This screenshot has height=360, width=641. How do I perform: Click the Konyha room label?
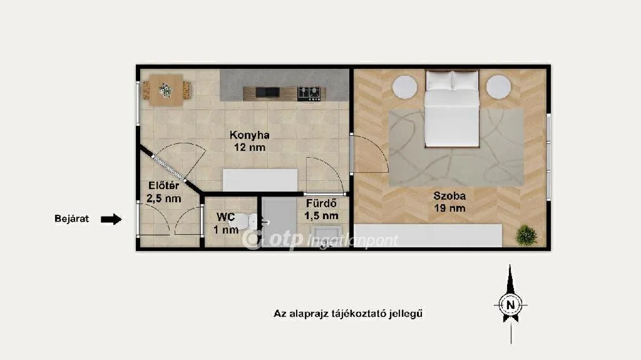coord(249,135)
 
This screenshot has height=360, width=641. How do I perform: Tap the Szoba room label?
coord(449,196)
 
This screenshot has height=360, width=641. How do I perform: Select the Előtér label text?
coord(163,186)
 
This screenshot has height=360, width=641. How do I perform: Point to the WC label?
coord(225,217)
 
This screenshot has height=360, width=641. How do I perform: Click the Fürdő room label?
coord(321,203)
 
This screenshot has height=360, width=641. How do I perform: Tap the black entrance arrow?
coord(111,219)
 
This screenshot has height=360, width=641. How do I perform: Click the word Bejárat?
coord(71,219)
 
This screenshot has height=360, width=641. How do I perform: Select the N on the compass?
coord(510,305)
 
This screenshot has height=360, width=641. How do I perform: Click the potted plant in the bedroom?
coord(526,235)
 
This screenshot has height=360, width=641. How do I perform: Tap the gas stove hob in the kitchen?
coord(309,94)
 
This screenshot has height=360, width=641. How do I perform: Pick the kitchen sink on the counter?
coord(268,93)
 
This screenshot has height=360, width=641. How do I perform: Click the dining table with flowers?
coord(165,90)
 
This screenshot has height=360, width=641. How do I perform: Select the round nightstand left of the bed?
coord(405,87)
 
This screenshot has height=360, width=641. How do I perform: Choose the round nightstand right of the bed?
coord(498,87)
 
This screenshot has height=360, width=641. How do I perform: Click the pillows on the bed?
coord(452,81)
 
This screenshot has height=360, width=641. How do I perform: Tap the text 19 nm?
coord(449,208)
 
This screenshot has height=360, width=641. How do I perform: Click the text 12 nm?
coord(249,147)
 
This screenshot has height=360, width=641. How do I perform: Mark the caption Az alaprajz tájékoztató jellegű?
coord(348,314)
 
